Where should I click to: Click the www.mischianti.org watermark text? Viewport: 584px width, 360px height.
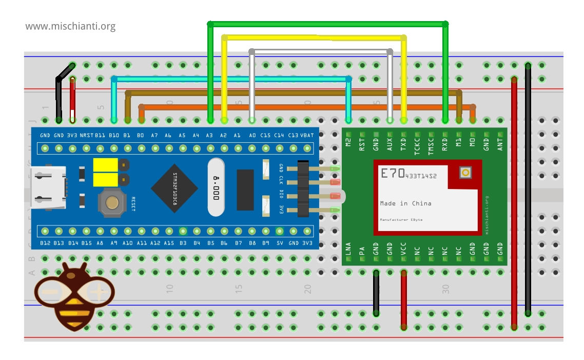70,26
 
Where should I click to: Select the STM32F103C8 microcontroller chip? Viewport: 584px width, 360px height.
174,188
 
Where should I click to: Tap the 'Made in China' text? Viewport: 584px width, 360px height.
405,203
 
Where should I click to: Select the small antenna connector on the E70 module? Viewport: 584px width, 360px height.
465,173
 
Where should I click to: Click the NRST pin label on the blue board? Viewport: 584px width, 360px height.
86,136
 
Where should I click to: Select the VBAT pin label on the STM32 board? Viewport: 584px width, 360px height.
306,136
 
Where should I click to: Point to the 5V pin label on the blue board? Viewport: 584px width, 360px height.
279,243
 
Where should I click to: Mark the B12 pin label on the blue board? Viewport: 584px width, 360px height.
45,243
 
